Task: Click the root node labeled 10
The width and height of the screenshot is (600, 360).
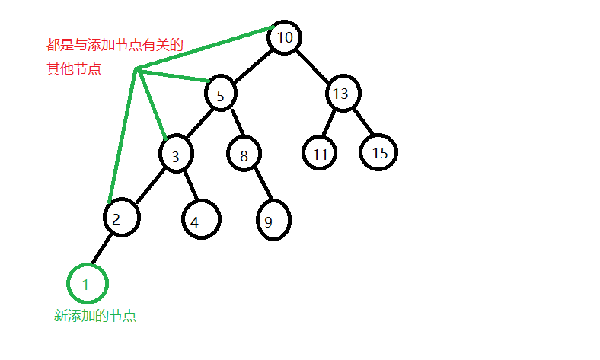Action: [x=285, y=37]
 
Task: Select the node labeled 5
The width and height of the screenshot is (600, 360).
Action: [x=221, y=95]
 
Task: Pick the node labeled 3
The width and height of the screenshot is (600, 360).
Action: [x=176, y=156]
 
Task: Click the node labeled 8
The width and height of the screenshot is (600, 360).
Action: [x=244, y=156]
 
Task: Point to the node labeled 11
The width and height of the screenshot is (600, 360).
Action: [x=319, y=155]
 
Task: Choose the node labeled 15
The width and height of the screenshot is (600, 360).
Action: [x=379, y=153]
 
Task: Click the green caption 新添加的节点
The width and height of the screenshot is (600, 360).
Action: [x=95, y=316]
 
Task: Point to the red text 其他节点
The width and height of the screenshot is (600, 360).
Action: [x=73, y=69]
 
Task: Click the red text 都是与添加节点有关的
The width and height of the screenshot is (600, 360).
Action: [x=114, y=46]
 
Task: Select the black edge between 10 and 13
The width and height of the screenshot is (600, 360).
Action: [x=313, y=65]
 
